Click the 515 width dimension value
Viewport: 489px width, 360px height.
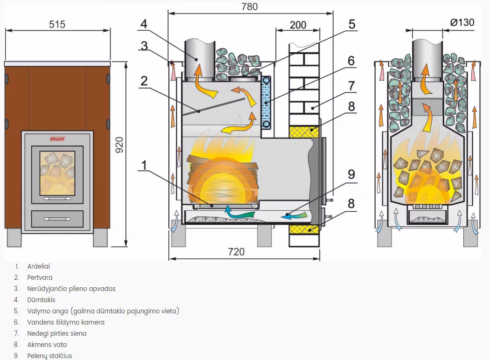tap(57, 24)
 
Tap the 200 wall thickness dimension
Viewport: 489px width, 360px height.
tap(298, 25)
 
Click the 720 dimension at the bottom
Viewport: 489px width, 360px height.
tap(236, 252)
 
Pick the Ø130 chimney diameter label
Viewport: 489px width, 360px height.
tap(462, 22)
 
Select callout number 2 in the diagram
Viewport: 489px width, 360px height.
tap(144, 81)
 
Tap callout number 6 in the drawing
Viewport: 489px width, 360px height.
tap(351, 61)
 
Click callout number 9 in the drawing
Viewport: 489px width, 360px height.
tap(351, 174)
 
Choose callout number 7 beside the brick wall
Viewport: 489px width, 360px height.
tap(351, 86)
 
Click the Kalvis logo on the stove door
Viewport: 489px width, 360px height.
tap(57, 138)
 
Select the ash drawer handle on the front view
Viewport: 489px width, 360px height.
tap(57, 218)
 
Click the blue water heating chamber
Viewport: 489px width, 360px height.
tap(266, 102)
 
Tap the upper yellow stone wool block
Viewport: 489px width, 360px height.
tap(304, 132)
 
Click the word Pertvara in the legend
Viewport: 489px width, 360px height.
tap(40, 277)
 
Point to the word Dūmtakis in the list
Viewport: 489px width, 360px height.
tap(41, 300)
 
